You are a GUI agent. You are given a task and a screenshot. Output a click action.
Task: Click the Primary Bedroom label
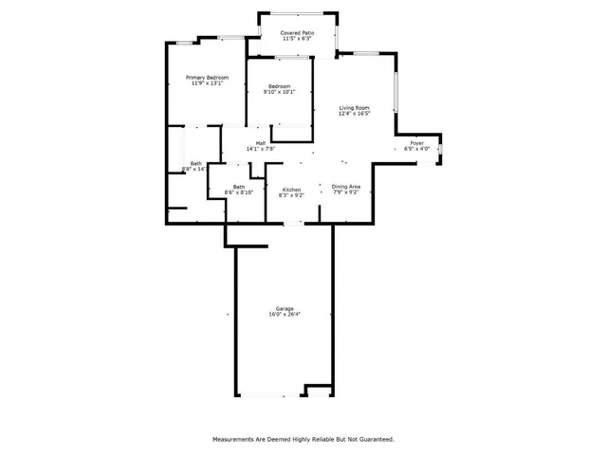(206, 77)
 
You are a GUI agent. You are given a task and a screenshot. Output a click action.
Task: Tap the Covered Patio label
(297, 33)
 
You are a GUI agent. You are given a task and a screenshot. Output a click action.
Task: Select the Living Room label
(354, 107)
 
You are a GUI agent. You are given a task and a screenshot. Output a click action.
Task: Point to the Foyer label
(416, 143)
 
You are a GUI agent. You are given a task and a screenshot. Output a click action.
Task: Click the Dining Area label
(345, 187)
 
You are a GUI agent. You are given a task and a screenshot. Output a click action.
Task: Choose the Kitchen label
(291, 190)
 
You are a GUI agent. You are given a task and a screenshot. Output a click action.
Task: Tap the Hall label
(260, 143)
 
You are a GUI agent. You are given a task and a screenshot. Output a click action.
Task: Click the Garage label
(285, 308)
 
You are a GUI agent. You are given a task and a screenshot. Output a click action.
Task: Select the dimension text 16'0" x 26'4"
(285, 314)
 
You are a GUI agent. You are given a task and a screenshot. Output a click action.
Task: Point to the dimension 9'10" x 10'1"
(279, 92)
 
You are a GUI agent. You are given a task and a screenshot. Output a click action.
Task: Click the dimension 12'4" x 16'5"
(354, 113)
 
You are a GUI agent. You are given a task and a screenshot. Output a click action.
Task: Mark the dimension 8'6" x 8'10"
(239, 192)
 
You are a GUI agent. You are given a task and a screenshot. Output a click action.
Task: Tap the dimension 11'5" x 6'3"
(297, 39)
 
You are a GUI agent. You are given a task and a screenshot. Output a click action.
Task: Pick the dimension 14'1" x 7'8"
(260, 149)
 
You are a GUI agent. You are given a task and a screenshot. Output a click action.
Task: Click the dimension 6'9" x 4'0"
(416, 149)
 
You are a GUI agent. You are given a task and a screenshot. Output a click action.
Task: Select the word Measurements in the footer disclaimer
(233, 439)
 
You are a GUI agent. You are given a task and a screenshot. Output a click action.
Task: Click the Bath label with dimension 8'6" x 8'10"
(239, 187)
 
